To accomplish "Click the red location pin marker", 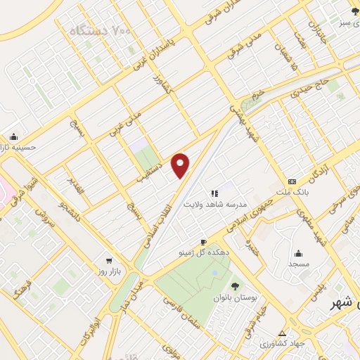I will click(181, 165).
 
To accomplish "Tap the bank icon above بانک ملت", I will click(292, 179).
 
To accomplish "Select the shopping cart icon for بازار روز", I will click(108, 258).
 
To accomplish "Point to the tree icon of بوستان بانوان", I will click(235, 285).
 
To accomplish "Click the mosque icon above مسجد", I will click(298, 253).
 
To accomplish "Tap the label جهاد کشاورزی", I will click(283, 344).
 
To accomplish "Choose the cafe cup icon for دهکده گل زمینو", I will click(203, 242).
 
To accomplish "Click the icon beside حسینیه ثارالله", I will click(14, 137).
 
